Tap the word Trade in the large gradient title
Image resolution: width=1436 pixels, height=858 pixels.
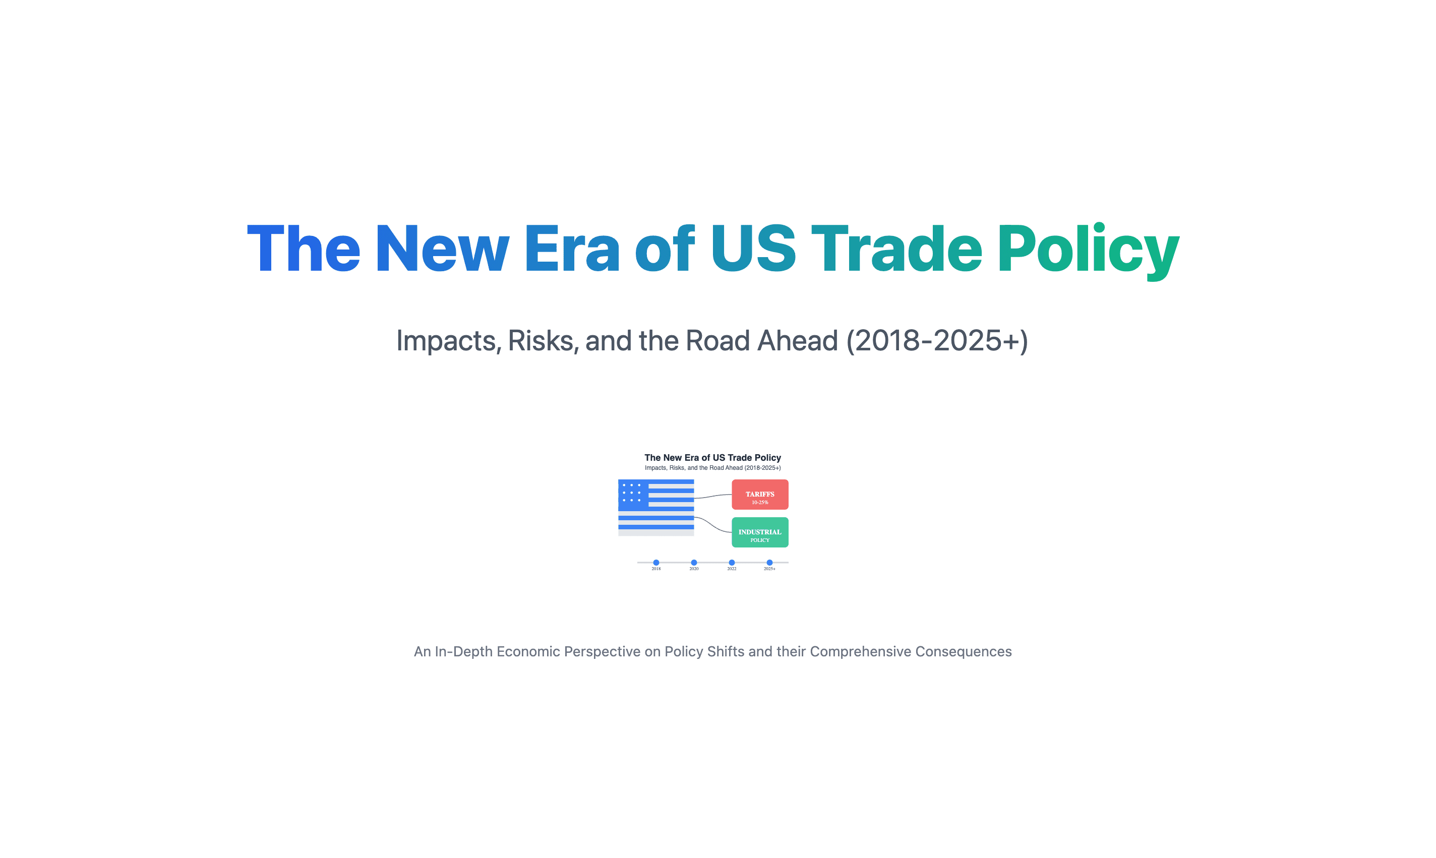[896, 248]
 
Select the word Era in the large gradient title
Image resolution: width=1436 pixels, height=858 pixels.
[572, 248]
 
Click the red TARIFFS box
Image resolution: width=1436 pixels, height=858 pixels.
[760, 495]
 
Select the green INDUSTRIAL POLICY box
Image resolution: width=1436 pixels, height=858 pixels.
[760, 532]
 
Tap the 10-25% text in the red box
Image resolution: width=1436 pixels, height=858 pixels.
[760, 503]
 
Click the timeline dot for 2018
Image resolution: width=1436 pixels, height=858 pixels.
[656, 563]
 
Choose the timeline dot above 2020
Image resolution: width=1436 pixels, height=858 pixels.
[694, 563]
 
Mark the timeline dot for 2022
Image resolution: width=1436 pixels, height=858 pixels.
[732, 563]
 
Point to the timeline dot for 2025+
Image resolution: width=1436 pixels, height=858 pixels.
[769, 563]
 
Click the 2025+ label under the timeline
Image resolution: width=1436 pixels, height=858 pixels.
[769, 569]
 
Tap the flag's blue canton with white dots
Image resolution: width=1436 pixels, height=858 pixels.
[633, 495]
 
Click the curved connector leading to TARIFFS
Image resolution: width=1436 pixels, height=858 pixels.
[713, 496]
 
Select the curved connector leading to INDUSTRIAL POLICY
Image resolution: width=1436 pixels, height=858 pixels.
[713, 524]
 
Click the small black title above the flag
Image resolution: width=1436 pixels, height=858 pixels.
[713, 457]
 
